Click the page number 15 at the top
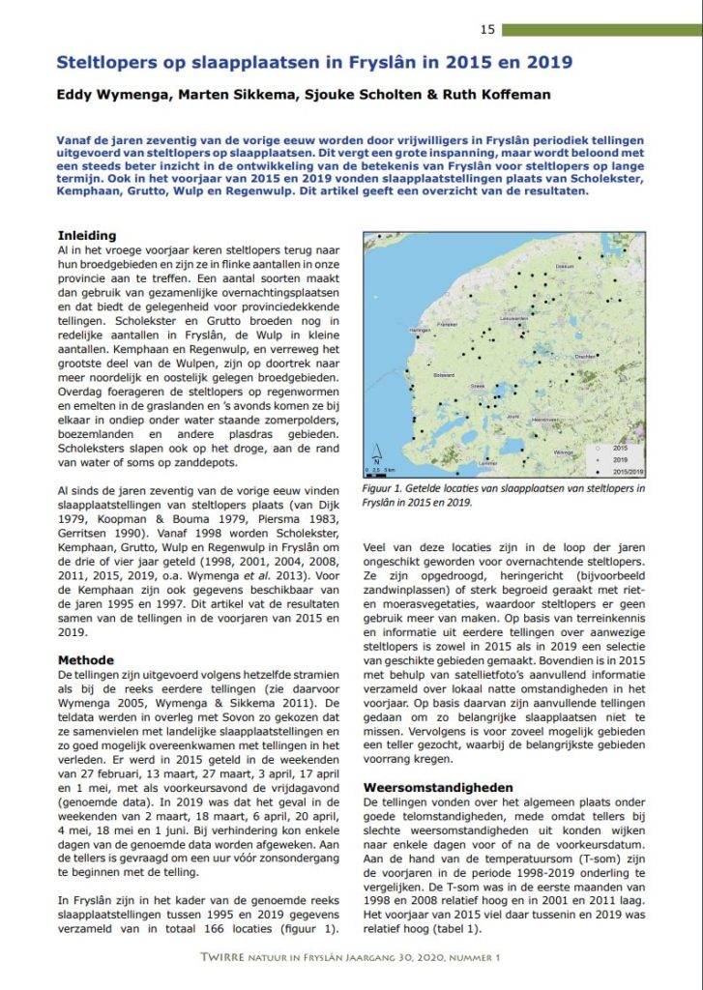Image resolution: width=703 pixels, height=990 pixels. tap(487, 29)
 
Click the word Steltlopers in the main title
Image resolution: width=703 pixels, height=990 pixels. tap(108, 64)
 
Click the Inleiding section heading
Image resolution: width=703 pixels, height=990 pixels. tap(87, 236)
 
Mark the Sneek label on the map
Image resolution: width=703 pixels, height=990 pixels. tap(476, 385)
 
